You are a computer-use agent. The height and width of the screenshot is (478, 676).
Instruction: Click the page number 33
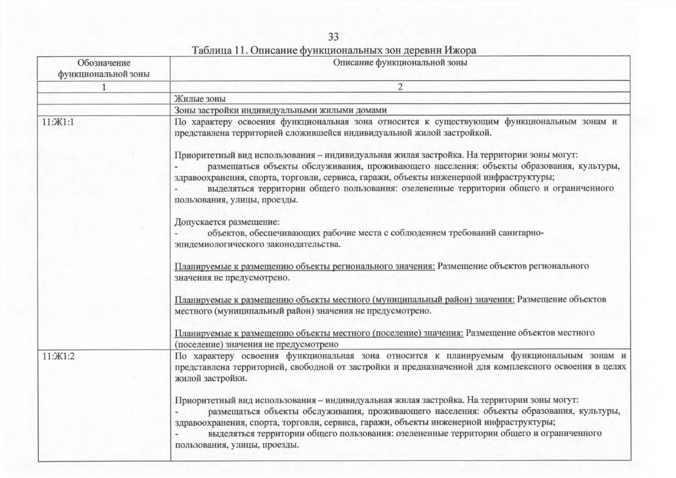(333, 37)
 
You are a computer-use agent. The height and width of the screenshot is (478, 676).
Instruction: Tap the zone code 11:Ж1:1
(58, 122)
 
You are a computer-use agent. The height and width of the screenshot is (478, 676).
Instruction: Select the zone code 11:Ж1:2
(59, 356)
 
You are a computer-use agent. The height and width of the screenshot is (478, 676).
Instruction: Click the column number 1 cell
(104, 87)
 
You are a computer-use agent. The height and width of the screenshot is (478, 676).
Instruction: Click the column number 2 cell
(400, 87)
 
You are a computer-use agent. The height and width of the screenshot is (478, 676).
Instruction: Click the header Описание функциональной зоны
(400, 63)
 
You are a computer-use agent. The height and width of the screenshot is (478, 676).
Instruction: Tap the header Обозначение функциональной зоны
(104, 69)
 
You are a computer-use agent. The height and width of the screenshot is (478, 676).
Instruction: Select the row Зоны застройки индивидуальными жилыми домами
(280, 110)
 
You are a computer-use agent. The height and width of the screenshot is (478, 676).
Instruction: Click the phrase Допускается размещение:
(227, 221)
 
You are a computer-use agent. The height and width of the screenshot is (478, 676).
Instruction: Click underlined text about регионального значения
(305, 266)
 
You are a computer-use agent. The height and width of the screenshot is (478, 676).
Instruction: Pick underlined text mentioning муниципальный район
(345, 300)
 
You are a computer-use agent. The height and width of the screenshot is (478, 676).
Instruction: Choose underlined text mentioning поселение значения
(319, 333)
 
